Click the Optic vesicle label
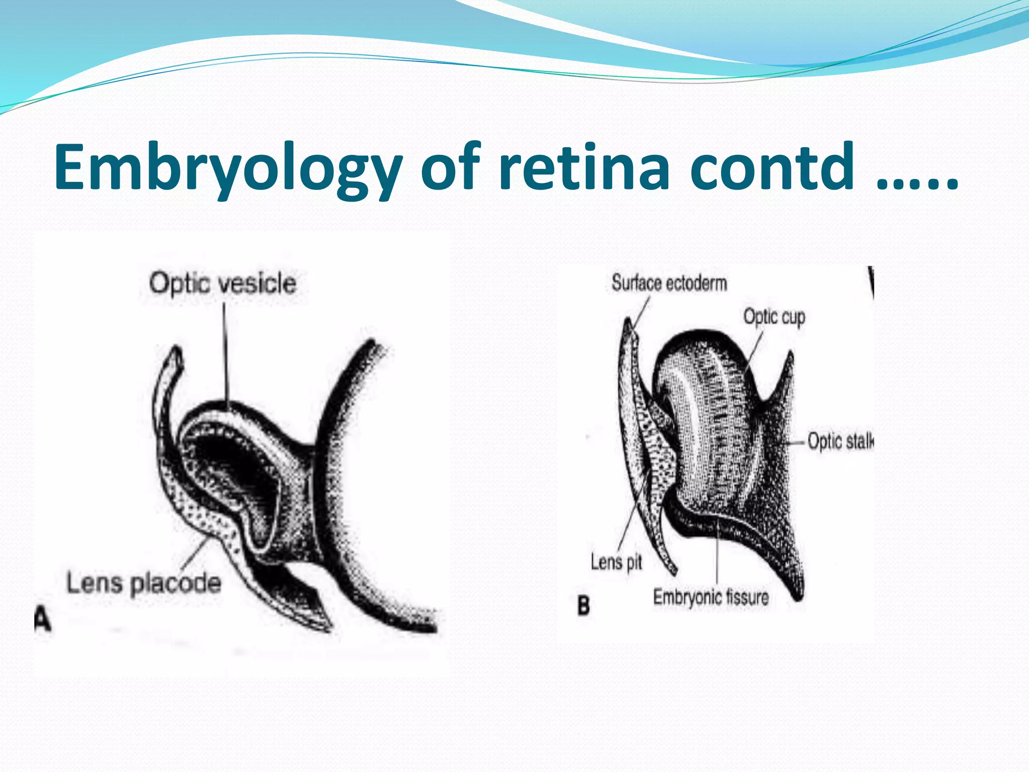[x=223, y=283]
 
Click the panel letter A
[x=43, y=619]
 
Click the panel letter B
[x=583, y=605]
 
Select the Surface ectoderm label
[x=669, y=283]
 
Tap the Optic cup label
[x=774, y=317]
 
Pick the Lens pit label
[x=616, y=562]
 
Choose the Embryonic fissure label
[x=711, y=598]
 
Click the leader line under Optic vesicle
[x=225, y=352]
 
